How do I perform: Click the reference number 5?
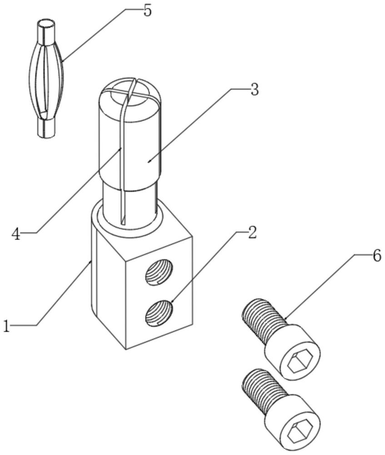pyautogui.click(x=147, y=11)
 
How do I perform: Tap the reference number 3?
pyautogui.click(x=254, y=89)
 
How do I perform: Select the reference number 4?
pyautogui.click(x=16, y=234)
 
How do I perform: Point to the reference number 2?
pyautogui.click(x=252, y=233)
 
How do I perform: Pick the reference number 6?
pyautogui.click(x=377, y=256)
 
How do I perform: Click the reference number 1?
pyautogui.click(x=6, y=326)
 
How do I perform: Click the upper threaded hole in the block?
pyautogui.click(x=159, y=273)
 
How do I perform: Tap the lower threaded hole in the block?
pyautogui.click(x=159, y=313)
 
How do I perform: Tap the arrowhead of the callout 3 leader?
pyautogui.click(x=149, y=162)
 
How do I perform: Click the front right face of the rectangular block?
pyautogui.click(x=159, y=296)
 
